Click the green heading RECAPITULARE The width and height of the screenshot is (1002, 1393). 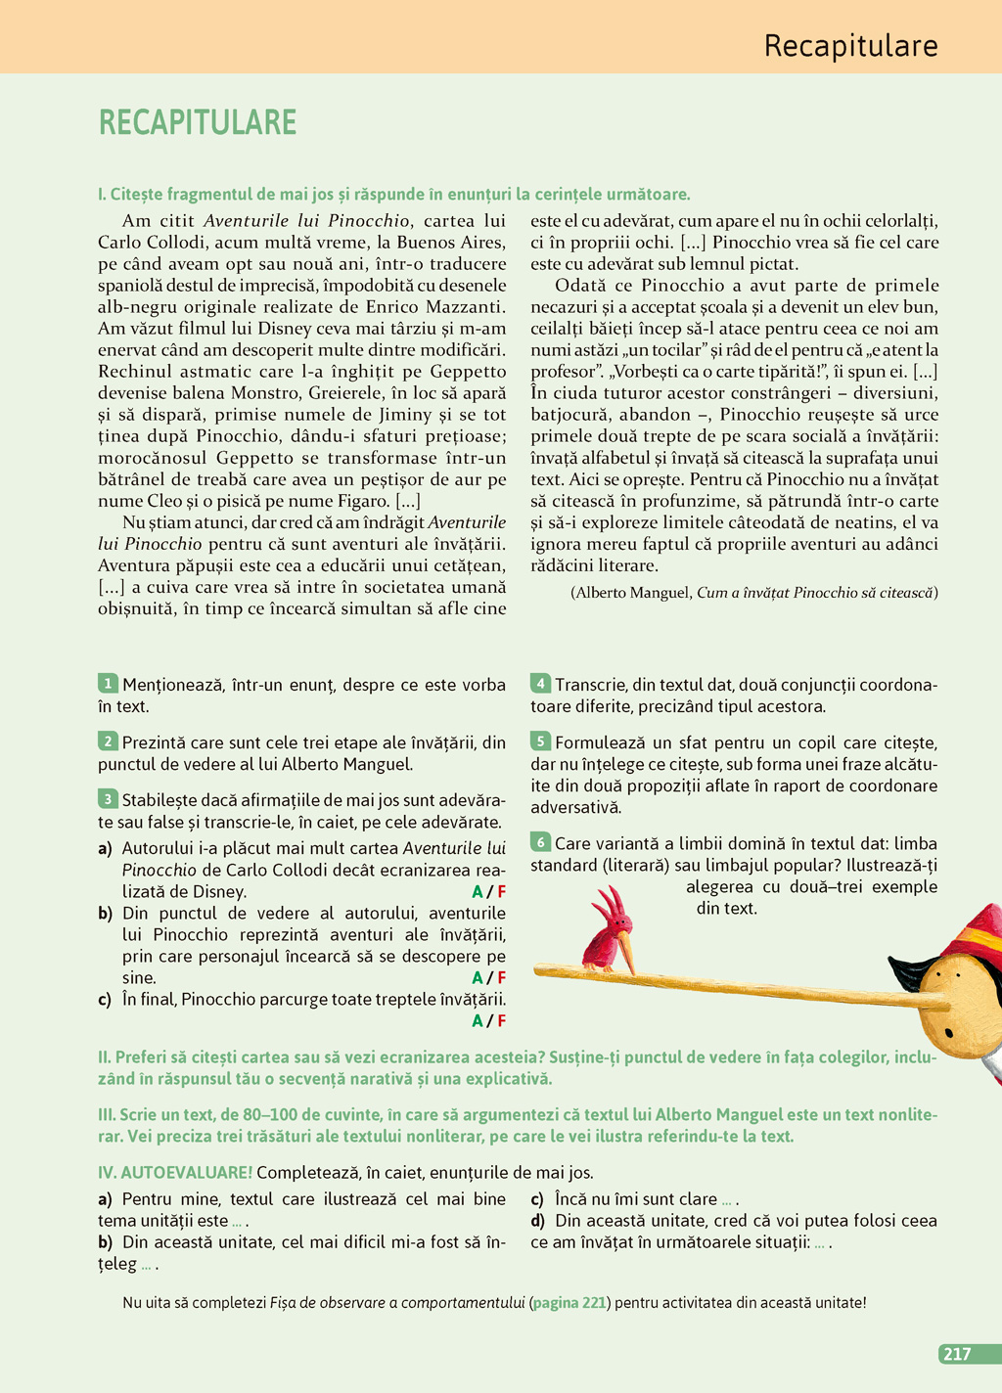[197, 122]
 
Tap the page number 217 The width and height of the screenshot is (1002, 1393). [956, 1354]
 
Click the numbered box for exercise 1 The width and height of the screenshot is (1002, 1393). [108, 684]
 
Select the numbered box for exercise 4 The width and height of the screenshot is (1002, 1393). [540, 684]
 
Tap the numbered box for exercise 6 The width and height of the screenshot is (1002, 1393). [540, 842]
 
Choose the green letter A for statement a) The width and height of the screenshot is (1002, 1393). [478, 892]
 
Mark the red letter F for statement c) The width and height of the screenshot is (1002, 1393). [501, 1021]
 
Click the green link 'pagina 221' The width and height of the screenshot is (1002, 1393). [569, 1303]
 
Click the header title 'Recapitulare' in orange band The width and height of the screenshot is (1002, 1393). [850, 46]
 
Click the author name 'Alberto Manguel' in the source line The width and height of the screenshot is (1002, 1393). [633, 593]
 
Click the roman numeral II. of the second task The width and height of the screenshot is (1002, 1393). [105, 1057]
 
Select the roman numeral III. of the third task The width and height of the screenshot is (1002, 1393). [107, 1114]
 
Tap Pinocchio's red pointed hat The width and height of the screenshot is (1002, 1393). [965, 930]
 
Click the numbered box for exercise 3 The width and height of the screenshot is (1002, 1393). [108, 799]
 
